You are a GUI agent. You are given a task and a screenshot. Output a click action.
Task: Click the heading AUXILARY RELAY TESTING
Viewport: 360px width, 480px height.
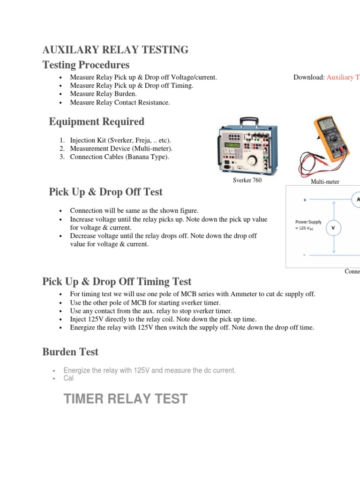[115, 50]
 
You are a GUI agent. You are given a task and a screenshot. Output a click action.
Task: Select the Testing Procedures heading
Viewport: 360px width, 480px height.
[86, 65]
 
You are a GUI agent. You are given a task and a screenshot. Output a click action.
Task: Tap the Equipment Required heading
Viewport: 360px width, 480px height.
[97, 122]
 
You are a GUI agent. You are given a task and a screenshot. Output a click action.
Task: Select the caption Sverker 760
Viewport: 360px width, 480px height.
[247, 180]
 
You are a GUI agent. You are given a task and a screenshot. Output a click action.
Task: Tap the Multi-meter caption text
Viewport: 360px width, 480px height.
[325, 181]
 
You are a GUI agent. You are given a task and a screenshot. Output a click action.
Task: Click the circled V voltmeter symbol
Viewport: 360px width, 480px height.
[333, 228]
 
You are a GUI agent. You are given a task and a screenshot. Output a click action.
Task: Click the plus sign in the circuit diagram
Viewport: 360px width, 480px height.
[305, 200]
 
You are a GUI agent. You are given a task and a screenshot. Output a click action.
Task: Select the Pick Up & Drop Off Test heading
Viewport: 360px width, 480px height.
[106, 192]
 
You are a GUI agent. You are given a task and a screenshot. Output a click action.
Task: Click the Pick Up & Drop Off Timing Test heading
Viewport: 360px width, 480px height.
[117, 281]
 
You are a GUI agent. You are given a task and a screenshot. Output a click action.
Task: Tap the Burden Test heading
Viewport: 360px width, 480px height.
[70, 351]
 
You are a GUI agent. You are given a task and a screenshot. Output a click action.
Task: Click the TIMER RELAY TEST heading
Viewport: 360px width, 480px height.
[125, 399]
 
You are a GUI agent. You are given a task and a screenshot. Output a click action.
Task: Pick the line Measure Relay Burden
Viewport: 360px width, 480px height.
[103, 94]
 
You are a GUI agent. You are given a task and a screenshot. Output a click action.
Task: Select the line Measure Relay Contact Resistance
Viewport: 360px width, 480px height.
[120, 102]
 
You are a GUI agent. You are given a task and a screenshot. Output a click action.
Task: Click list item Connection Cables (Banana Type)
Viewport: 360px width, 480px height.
[119, 157]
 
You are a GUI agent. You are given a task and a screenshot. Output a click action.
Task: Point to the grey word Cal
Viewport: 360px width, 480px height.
[68, 378]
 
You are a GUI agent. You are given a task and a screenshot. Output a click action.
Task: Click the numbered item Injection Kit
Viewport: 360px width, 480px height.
[120, 140]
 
